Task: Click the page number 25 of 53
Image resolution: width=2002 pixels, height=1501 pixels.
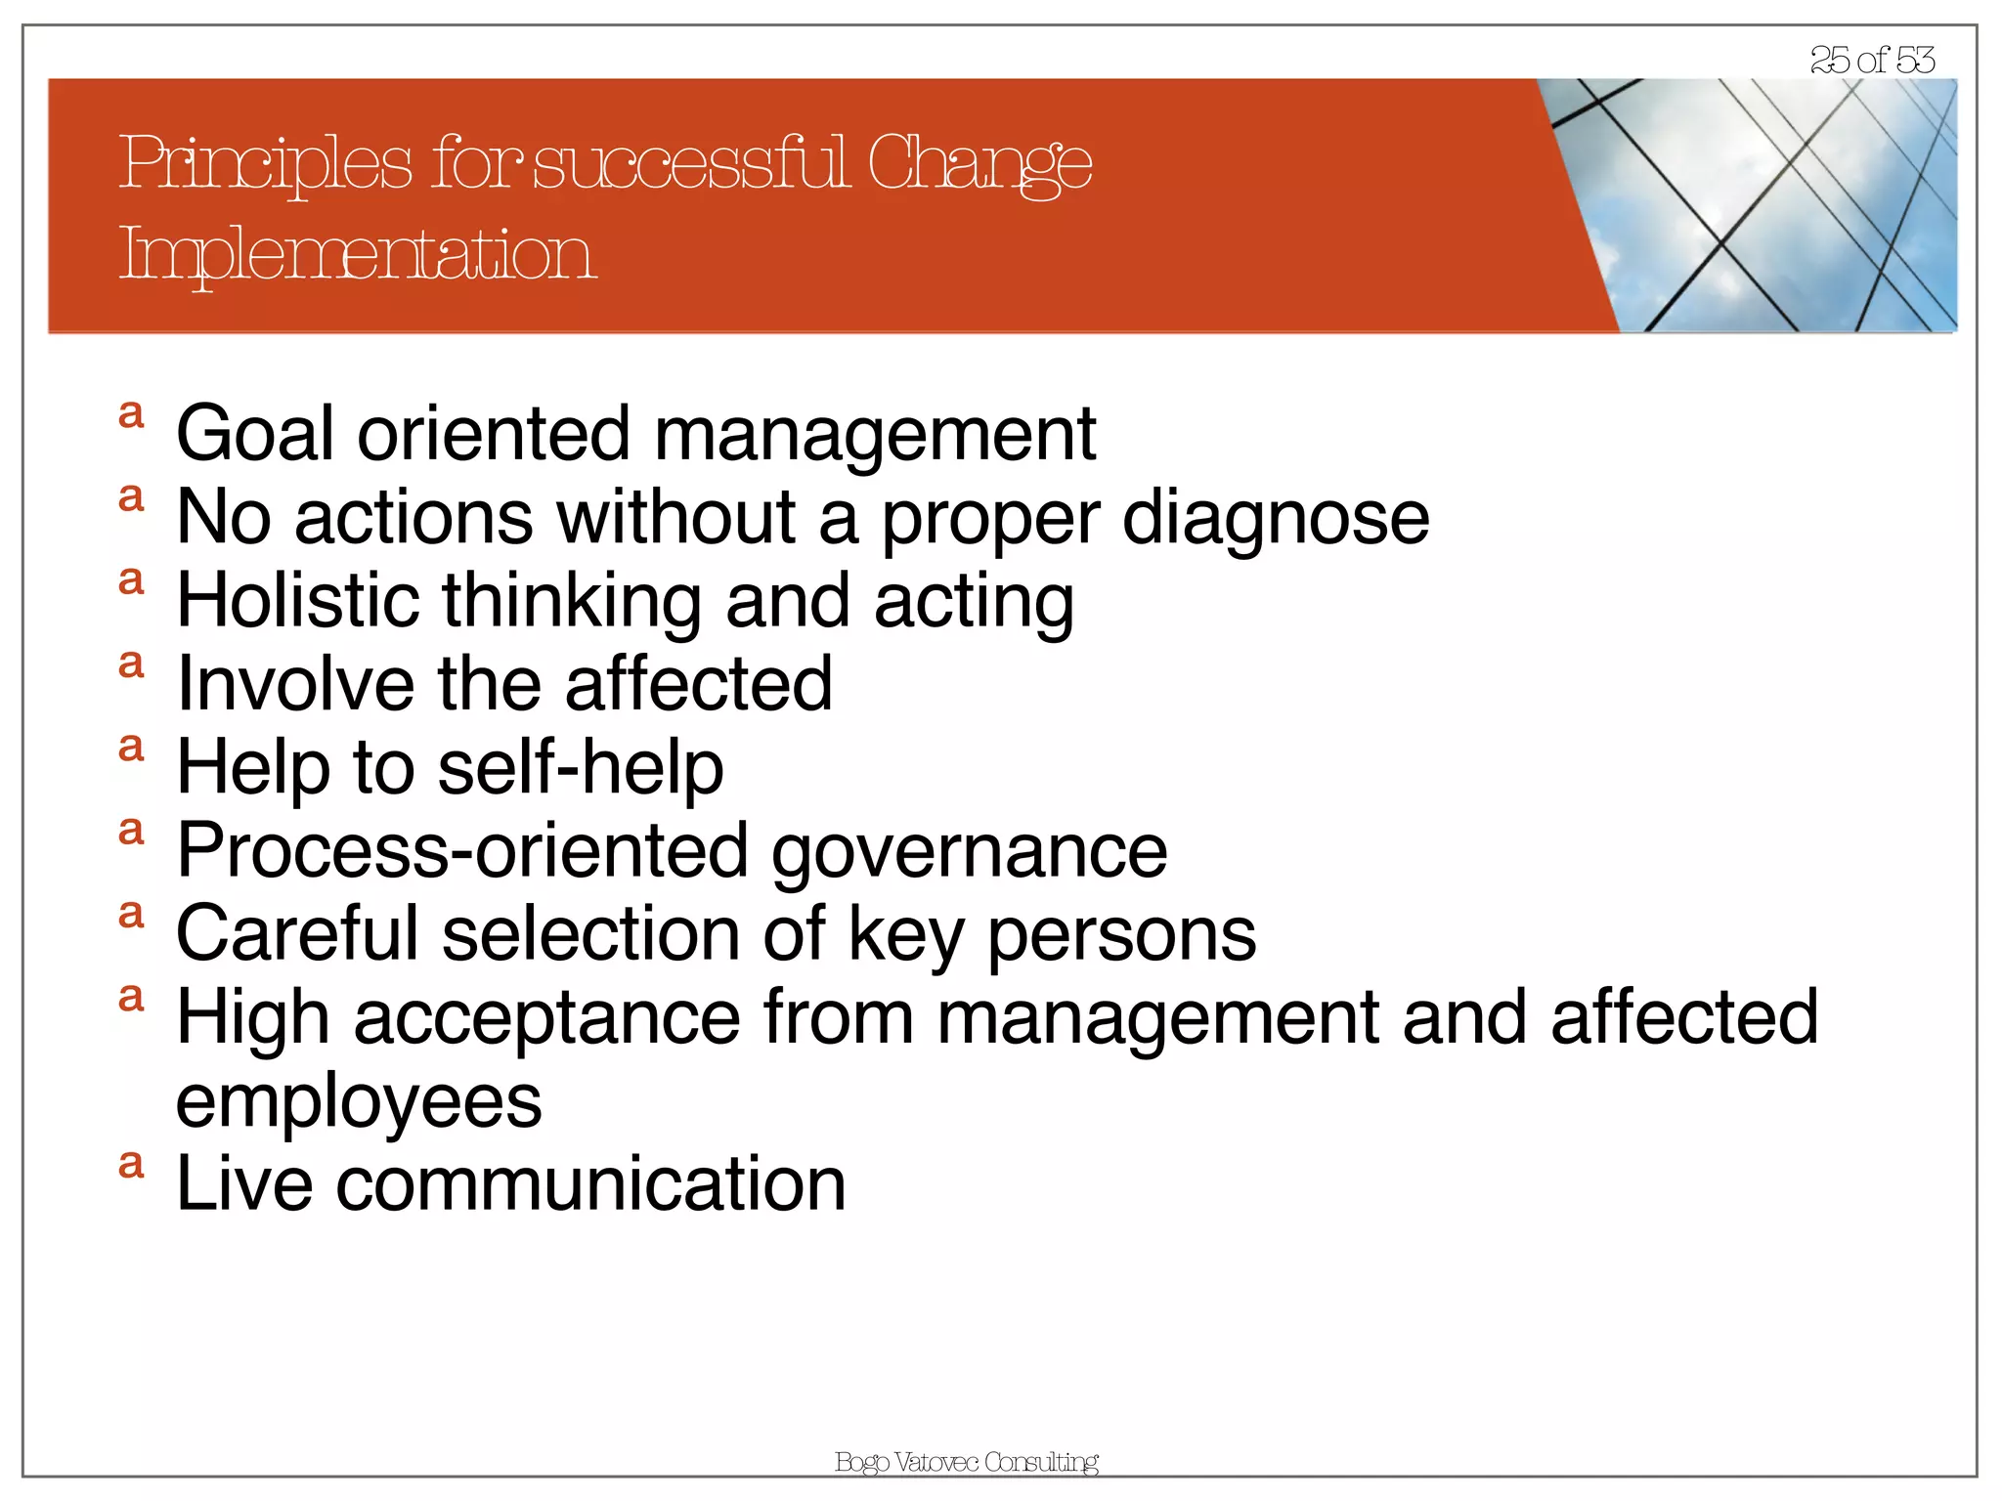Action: [x=1871, y=61]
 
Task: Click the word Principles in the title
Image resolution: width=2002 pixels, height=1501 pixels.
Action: [x=265, y=163]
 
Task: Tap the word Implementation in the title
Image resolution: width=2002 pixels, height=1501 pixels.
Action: [x=357, y=254]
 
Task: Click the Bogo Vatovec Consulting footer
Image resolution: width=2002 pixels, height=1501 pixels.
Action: [x=966, y=1462]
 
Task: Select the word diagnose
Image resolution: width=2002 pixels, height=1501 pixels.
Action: [x=1276, y=517]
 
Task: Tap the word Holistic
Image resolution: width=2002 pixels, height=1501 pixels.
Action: [x=297, y=600]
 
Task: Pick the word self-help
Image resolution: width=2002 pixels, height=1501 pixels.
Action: [x=581, y=767]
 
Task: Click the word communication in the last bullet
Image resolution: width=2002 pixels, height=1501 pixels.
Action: [x=590, y=1183]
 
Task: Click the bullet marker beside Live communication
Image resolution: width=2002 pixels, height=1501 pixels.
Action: [x=131, y=1164]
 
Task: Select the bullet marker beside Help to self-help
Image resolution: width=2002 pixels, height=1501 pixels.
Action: [x=131, y=748]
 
